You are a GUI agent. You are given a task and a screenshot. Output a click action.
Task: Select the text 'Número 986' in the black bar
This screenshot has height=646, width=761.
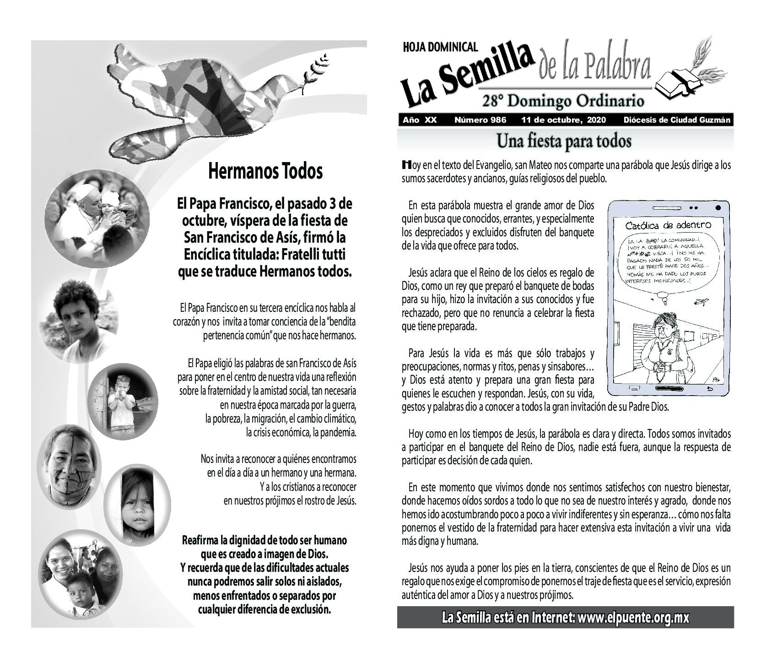point(480,120)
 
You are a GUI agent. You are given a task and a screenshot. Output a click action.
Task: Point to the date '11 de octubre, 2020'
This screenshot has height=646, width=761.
point(564,120)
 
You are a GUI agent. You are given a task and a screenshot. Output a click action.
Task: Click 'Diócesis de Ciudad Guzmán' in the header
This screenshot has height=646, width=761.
point(676,120)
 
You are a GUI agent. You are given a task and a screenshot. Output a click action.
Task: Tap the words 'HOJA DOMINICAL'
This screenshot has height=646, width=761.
point(440,46)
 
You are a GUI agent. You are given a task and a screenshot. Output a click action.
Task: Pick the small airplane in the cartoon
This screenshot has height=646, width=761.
point(701,302)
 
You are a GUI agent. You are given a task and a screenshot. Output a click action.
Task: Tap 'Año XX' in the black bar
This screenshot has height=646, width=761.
point(420,120)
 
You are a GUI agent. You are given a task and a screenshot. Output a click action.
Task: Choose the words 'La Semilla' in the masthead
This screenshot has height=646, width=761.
point(467,76)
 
